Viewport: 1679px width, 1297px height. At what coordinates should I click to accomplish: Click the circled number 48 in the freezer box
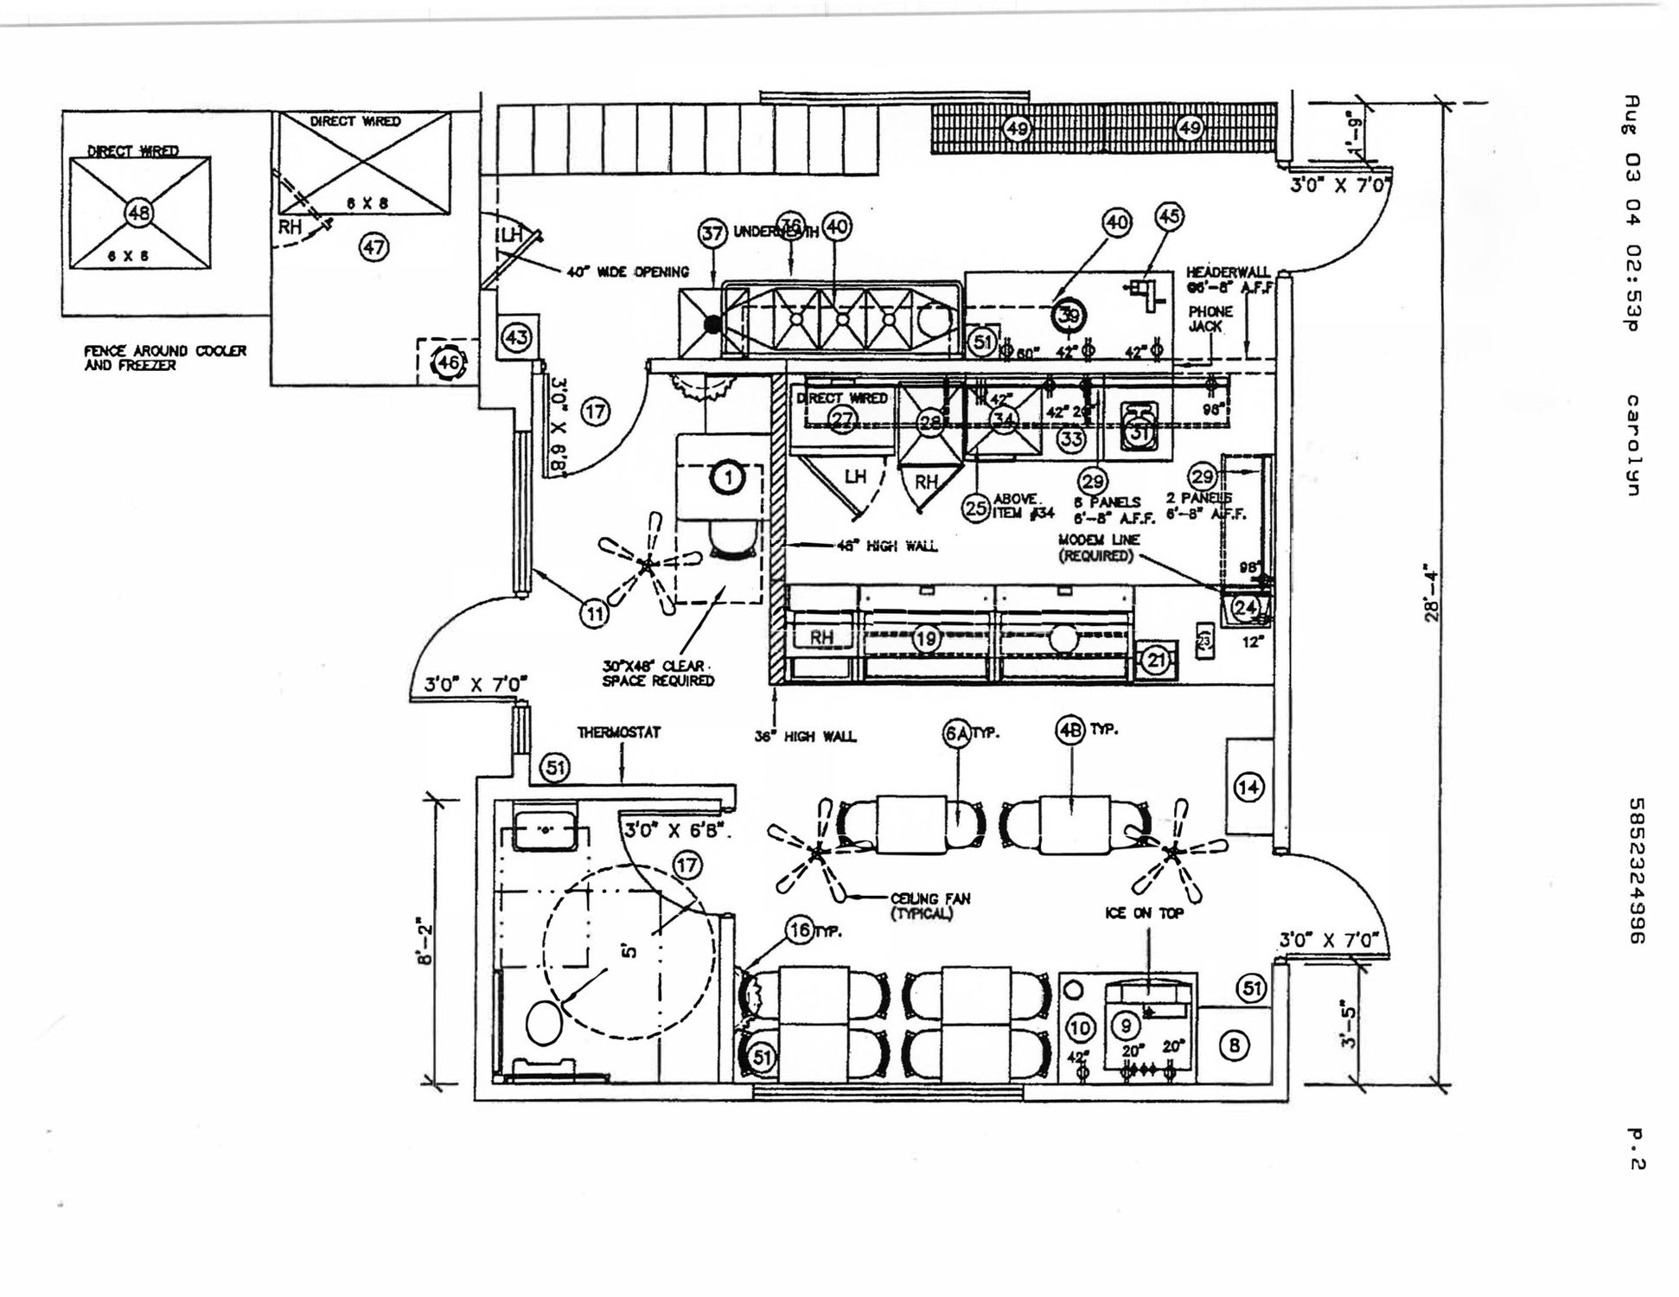(139, 212)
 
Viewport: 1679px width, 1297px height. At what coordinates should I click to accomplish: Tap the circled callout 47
(373, 248)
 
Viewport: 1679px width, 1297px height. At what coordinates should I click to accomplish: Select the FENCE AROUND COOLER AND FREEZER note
(164, 358)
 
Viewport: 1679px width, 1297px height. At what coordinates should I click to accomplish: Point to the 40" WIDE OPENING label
(628, 272)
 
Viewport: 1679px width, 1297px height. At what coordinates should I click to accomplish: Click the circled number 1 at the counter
(728, 477)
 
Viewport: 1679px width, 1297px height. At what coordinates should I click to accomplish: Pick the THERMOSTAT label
(619, 732)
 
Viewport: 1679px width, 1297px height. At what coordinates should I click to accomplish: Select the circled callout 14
(1248, 787)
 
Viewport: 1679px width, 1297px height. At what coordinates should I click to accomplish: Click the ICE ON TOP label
(1144, 913)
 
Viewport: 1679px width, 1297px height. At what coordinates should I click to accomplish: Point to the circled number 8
(1234, 1046)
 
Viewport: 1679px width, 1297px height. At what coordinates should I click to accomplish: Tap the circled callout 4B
(1069, 731)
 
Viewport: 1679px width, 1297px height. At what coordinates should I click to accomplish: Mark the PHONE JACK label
(1210, 318)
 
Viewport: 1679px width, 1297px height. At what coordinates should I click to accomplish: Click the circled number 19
(926, 639)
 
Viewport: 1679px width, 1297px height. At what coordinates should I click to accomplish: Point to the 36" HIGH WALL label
(805, 737)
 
